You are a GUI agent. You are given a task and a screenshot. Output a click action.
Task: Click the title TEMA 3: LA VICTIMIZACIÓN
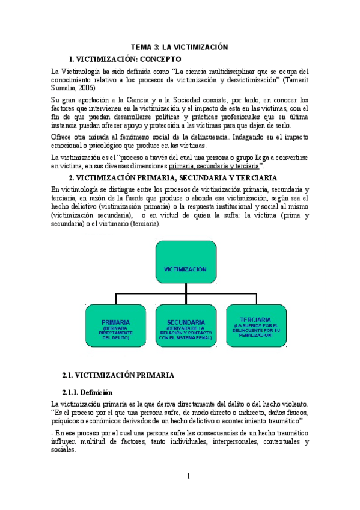pos(180,48)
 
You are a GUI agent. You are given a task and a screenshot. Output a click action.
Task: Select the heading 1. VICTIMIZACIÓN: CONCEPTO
pos(125,59)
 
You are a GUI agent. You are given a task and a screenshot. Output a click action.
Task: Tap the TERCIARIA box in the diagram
pos(253,325)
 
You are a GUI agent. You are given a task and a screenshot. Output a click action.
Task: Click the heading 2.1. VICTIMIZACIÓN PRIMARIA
pos(118,375)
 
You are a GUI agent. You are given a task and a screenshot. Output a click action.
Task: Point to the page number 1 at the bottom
pos(188,476)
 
